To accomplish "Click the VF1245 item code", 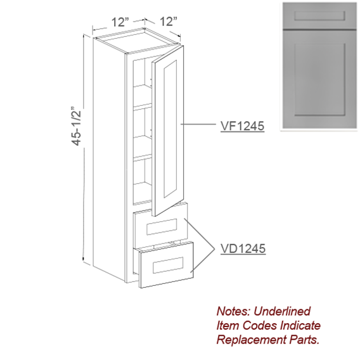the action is (x=242, y=126).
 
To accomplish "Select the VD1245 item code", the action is (x=243, y=248).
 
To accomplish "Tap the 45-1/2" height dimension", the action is (x=77, y=126).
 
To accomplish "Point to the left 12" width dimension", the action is (x=120, y=22).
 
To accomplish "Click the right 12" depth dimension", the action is (x=169, y=21).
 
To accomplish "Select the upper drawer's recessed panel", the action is (x=162, y=227).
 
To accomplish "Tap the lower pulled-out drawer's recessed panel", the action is (x=168, y=265).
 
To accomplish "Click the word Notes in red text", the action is (x=233, y=311).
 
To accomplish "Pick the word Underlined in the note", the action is (x=282, y=311).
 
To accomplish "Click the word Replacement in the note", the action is (x=252, y=340).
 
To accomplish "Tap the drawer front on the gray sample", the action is (x=319, y=16).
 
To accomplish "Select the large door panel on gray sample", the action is (x=320, y=79).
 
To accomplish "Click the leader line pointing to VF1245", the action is (x=198, y=124).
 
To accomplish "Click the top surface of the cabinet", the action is (x=138, y=41).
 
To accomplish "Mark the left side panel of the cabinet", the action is (x=110, y=158).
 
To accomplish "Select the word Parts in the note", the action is (x=304, y=340).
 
